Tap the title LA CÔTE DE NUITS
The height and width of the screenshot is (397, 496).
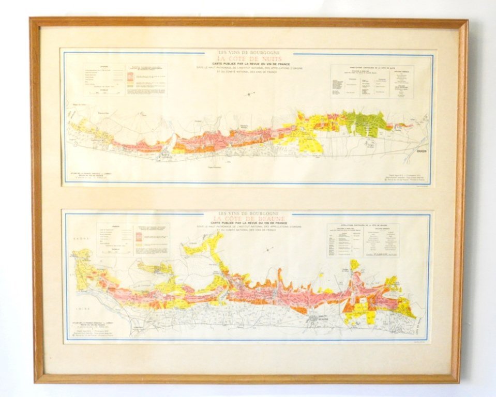tap(247, 59)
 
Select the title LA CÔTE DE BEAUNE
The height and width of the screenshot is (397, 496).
tap(247, 219)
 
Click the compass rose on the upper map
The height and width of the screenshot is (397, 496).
tap(251, 94)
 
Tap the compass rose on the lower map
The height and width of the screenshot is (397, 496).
tap(268, 250)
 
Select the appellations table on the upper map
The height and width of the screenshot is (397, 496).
tap(371, 81)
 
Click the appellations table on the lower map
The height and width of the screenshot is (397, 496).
tap(364, 240)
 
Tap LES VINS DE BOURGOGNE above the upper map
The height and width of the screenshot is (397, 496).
tap(247, 52)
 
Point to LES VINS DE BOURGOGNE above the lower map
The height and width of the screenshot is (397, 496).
tap(247, 213)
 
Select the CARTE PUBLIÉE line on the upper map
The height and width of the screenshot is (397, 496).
tap(247, 64)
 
